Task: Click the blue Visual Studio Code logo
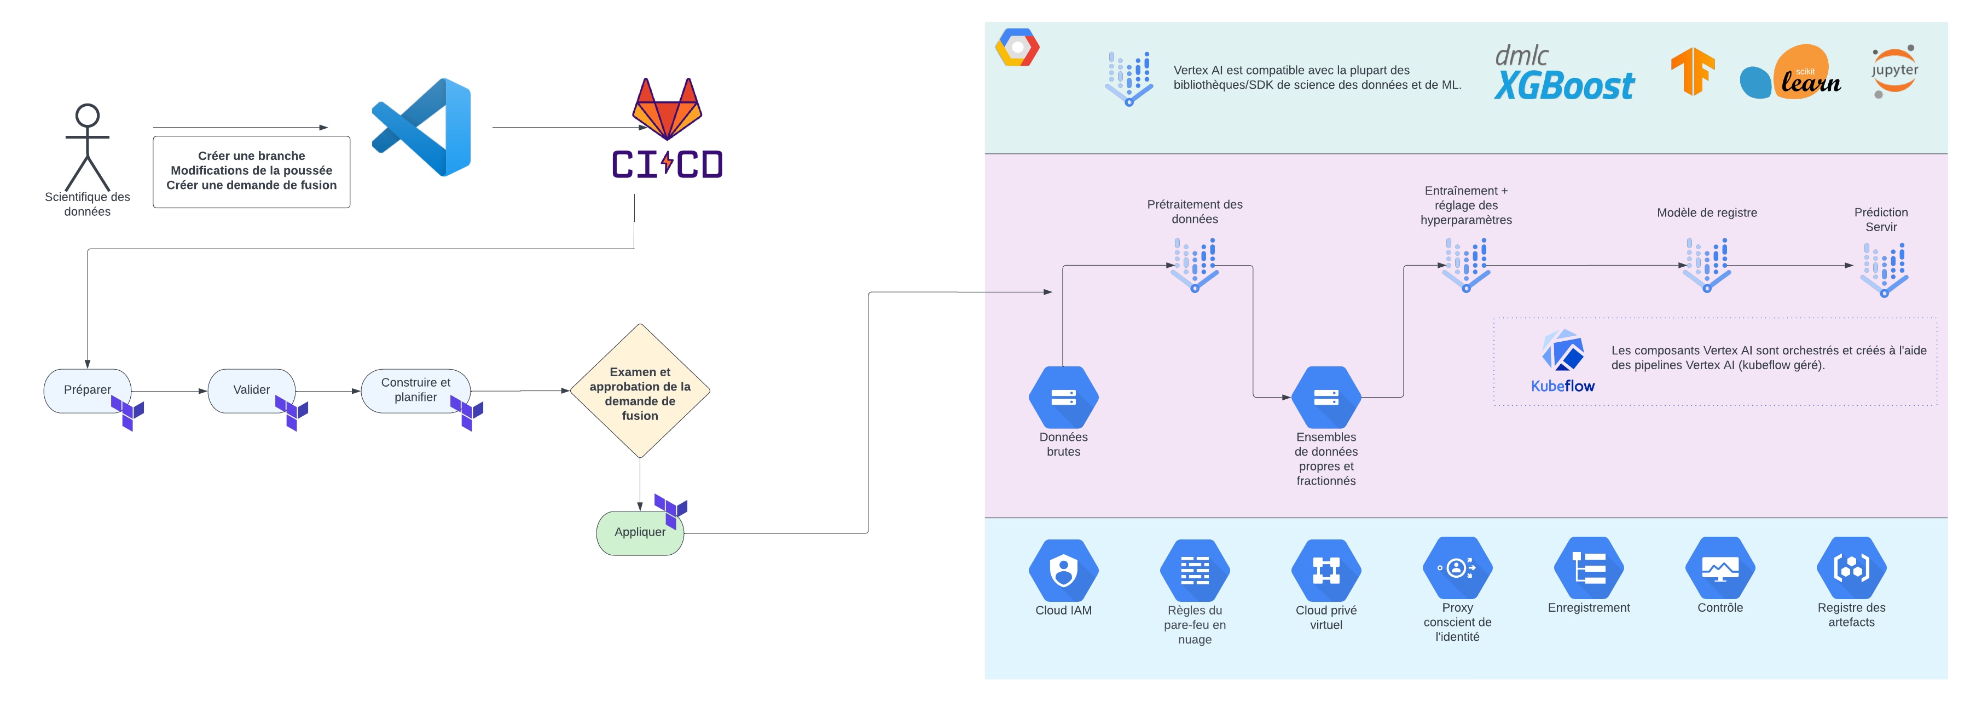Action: pyautogui.click(x=422, y=127)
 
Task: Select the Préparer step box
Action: pyautogui.click(x=87, y=390)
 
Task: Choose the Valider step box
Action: pyautogui.click(x=251, y=390)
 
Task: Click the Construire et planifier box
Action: pyautogui.click(x=415, y=390)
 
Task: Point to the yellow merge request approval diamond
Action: pyautogui.click(x=640, y=391)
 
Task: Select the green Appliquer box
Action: pyautogui.click(x=639, y=533)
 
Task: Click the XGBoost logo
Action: pyautogui.click(x=1564, y=74)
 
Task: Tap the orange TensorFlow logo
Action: pyautogui.click(x=1693, y=71)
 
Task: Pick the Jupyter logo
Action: pyautogui.click(x=1894, y=71)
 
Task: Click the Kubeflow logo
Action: pyautogui.click(x=1562, y=360)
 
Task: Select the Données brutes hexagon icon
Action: pyautogui.click(x=1063, y=397)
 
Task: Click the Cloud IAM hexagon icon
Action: pyautogui.click(x=1063, y=570)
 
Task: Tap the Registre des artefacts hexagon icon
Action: pyautogui.click(x=1851, y=568)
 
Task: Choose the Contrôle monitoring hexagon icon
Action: pyautogui.click(x=1720, y=568)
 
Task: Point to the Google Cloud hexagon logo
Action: pyautogui.click(x=1017, y=48)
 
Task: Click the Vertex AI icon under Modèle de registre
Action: pyautogui.click(x=1707, y=264)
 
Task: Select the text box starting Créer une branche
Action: pyautogui.click(x=252, y=171)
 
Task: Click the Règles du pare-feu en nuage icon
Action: pyautogui.click(x=1195, y=570)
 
